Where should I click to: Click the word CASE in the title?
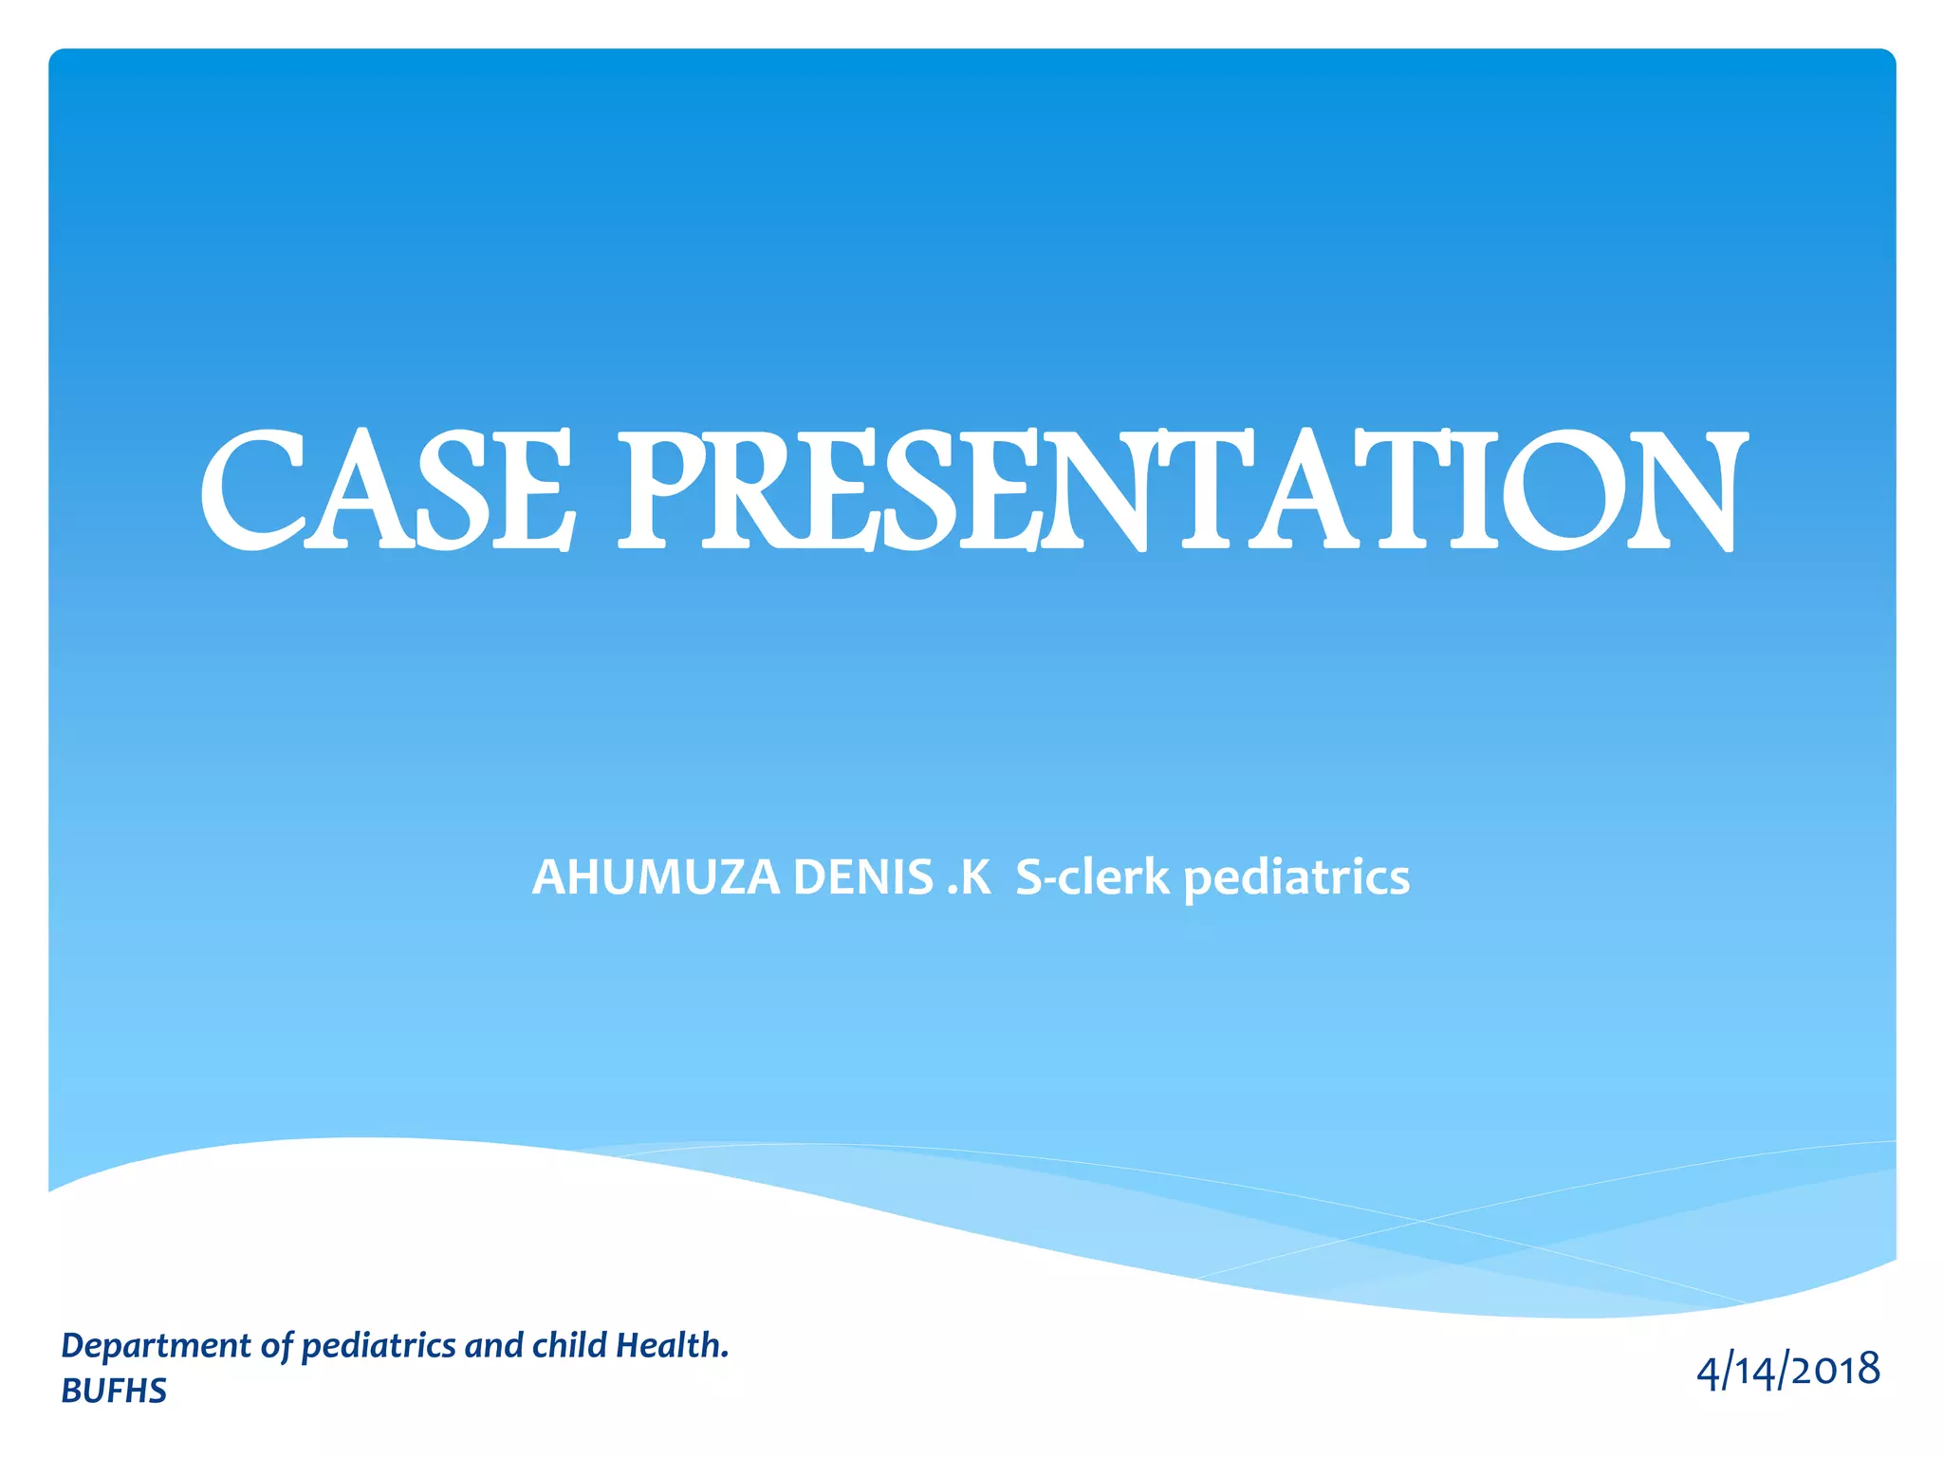click(x=387, y=490)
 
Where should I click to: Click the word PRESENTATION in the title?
click(x=1181, y=490)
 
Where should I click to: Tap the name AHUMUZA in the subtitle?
click(x=656, y=876)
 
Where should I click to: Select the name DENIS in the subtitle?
click(x=862, y=876)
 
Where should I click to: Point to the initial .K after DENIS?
click(x=969, y=876)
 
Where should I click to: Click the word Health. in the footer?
click(x=672, y=1345)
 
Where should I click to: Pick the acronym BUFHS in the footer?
click(x=114, y=1391)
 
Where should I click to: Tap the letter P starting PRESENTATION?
click(x=664, y=490)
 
